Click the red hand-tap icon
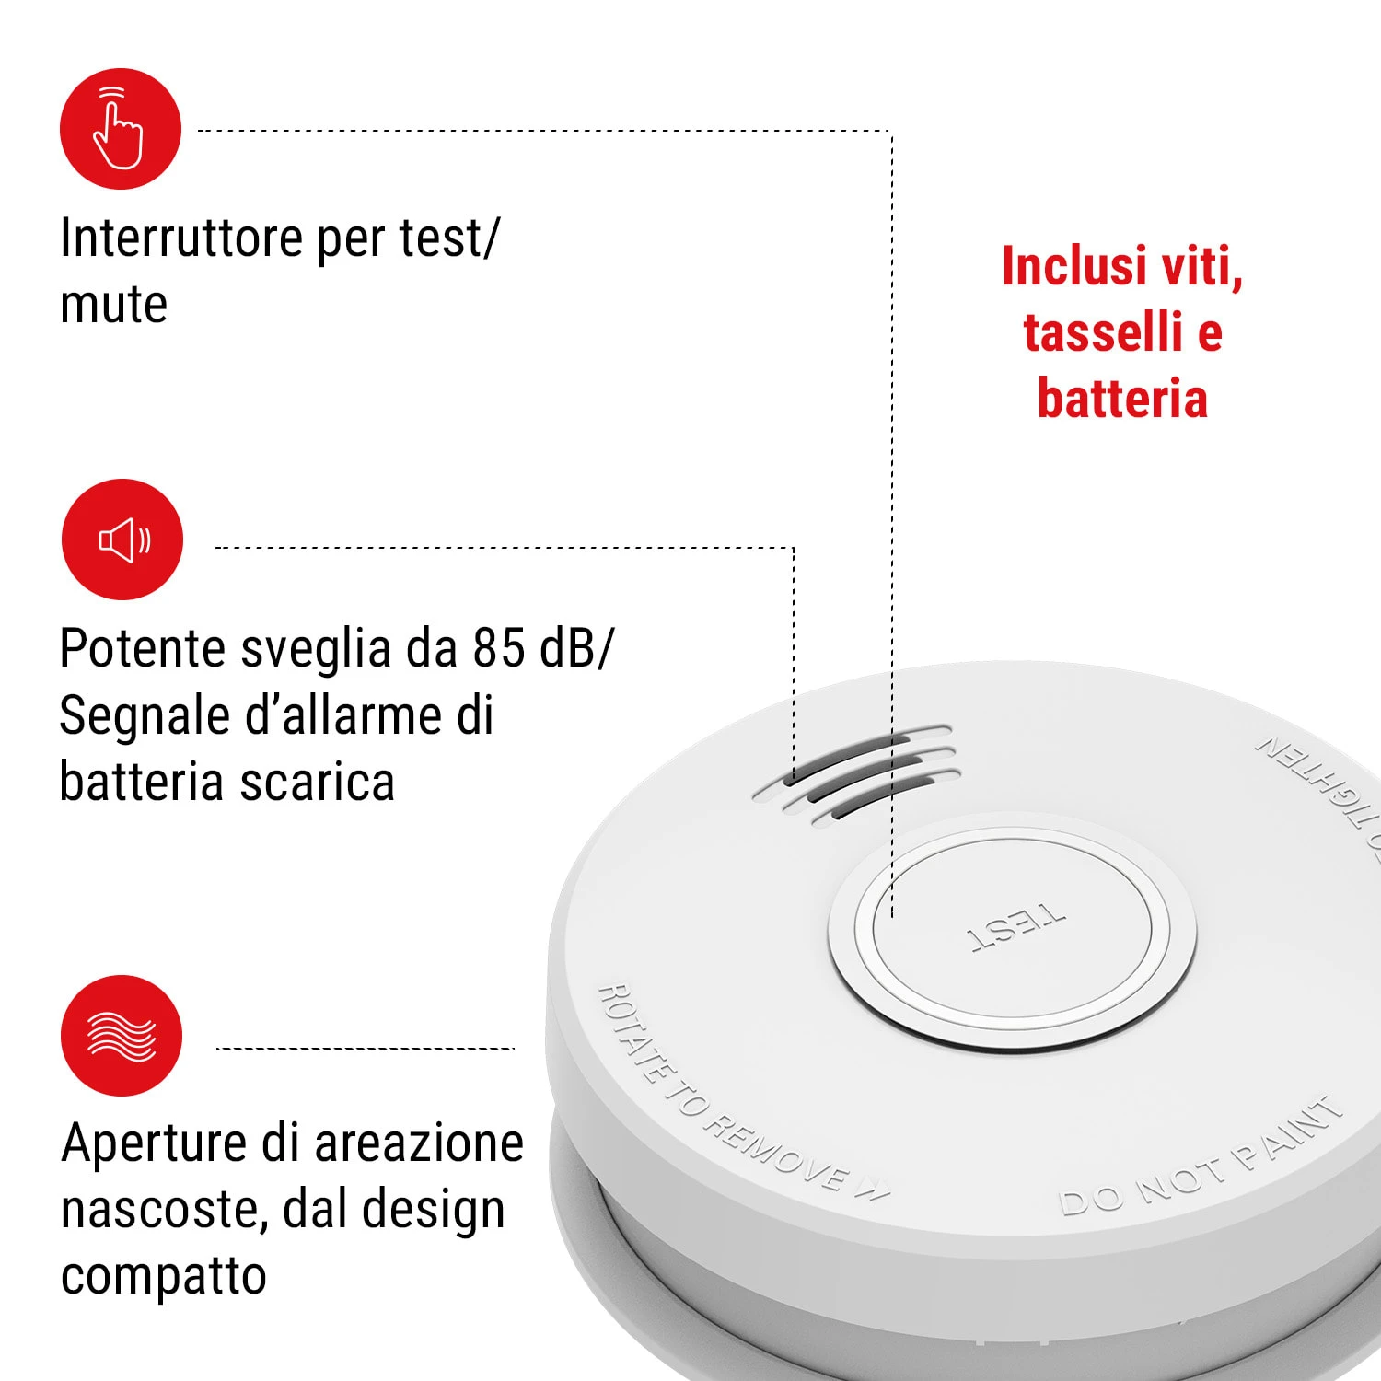point(121,129)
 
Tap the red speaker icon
point(122,540)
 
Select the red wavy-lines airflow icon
point(122,1036)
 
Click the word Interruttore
point(181,238)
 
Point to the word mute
point(114,306)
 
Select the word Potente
point(143,648)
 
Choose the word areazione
point(419,1144)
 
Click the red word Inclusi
point(1074,266)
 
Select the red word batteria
point(1122,399)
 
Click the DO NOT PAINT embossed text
point(1201,1156)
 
